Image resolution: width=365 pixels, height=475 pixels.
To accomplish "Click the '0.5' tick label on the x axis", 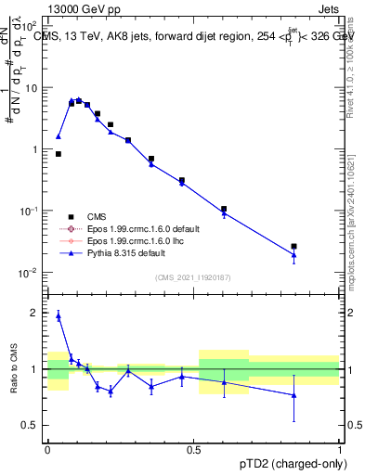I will (x=193, y=448).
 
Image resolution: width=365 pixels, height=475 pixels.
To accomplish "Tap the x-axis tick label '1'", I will (x=340, y=448).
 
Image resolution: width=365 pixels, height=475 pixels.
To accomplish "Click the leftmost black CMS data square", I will (x=59, y=154).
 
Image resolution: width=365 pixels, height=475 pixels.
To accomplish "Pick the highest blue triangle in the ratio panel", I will (x=59, y=315).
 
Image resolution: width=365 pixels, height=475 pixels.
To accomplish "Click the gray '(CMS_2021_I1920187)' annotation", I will (x=193, y=277).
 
